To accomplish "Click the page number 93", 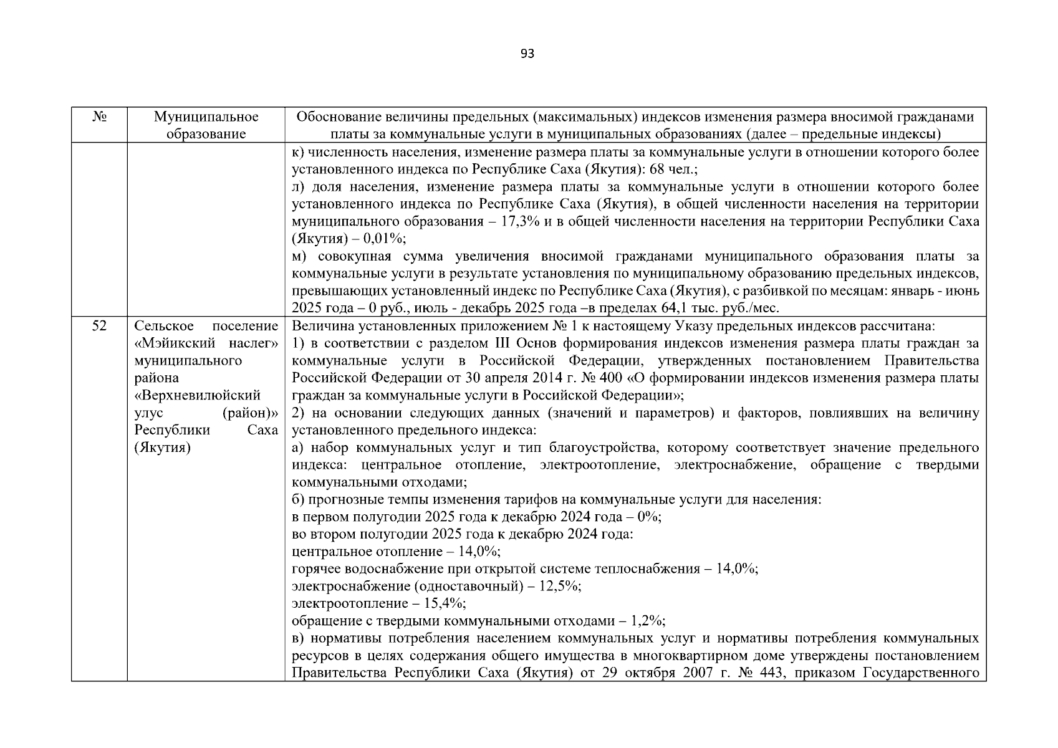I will click(x=527, y=54).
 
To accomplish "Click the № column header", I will click(x=99, y=117).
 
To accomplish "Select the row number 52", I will click(x=99, y=326).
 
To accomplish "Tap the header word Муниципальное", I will click(x=206, y=117).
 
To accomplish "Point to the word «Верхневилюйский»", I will click(x=197, y=396).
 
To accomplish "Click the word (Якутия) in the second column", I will click(x=162, y=448).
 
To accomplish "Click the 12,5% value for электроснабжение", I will click(x=560, y=587).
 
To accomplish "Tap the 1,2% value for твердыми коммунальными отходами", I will click(x=647, y=621).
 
